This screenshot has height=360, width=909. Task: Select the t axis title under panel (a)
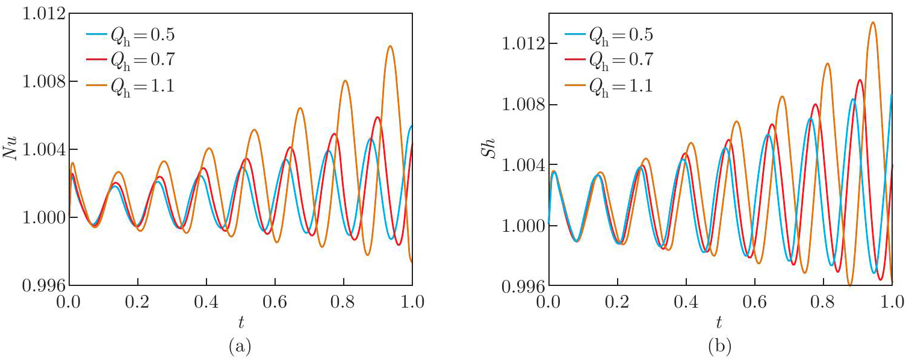(x=241, y=323)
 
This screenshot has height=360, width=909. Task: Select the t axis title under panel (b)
(x=720, y=323)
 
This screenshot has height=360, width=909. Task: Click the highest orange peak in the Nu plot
(x=391, y=46)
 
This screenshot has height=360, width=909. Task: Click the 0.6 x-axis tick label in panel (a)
(x=275, y=299)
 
